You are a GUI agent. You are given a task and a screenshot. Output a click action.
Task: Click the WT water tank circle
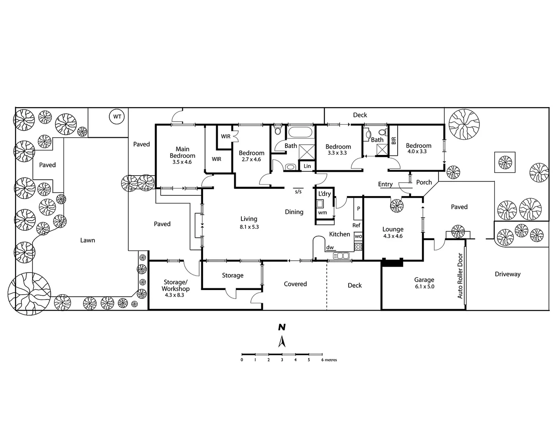[x=117, y=117]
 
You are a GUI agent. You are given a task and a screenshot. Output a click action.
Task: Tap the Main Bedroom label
[x=182, y=152]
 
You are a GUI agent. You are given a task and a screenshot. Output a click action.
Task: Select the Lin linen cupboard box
[x=307, y=166]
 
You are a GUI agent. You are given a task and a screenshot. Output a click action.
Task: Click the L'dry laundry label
[x=324, y=194]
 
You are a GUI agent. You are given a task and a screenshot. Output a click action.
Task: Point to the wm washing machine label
[x=322, y=213]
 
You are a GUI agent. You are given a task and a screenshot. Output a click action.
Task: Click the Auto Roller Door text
[x=460, y=276]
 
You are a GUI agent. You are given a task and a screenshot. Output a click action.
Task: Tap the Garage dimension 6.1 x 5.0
[x=424, y=286]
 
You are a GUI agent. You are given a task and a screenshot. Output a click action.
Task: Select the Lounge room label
[x=393, y=230]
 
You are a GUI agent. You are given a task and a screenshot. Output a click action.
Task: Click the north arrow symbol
[x=282, y=342]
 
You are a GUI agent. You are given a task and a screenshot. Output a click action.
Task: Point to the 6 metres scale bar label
[x=329, y=360]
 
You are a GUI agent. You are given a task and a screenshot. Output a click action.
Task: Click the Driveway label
[x=507, y=274]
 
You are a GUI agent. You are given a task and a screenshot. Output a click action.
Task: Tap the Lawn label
[x=87, y=240]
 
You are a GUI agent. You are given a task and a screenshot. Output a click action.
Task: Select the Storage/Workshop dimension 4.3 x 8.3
[x=175, y=295]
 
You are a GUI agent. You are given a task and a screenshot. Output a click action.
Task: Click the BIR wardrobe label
[x=394, y=141]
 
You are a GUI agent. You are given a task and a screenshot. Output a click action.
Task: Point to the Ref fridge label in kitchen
[x=356, y=225]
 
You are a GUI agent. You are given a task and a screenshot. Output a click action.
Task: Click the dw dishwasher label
[x=330, y=248]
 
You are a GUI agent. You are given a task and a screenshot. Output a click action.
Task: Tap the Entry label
[x=385, y=184]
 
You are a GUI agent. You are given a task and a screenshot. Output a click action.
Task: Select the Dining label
[x=294, y=212]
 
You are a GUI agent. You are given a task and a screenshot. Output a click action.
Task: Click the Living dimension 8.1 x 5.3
[x=249, y=227]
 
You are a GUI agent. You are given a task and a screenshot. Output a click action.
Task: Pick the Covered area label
[x=295, y=284]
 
